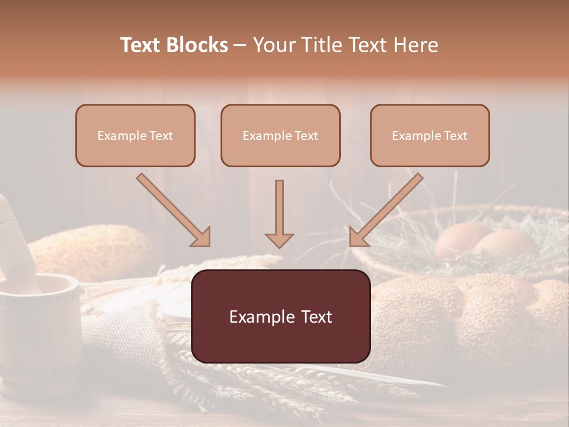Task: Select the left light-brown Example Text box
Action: tap(135, 135)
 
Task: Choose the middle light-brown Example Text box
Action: tap(280, 135)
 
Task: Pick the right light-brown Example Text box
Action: tap(430, 135)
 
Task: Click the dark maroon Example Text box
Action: tap(280, 316)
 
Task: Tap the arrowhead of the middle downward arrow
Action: tap(279, 240)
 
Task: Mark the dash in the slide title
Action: tap(240, 45)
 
